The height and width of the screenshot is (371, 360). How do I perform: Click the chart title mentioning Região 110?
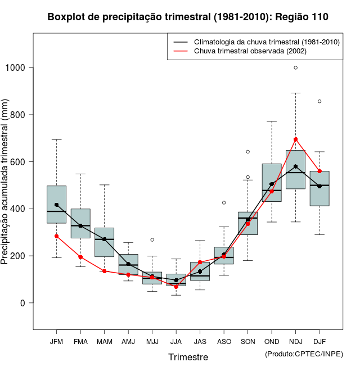tap(188, 17)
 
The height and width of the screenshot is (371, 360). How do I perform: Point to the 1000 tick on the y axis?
tap(19, 68)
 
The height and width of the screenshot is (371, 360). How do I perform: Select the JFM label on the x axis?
tap(56, 341)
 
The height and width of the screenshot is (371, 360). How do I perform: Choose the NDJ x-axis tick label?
tap(295, 341)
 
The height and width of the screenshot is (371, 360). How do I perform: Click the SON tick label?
tap(247, 341)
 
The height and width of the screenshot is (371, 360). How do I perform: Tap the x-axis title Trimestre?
tap(188, 357)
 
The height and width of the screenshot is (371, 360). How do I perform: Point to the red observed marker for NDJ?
tap(295, 139)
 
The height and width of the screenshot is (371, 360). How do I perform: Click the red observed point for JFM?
tap(56, 236)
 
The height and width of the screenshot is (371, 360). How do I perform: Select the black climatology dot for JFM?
tap(56, 205)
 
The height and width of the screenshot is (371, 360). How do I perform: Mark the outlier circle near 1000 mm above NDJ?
tap(295, 67)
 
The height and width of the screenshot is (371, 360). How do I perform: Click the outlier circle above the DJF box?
tap(319, 101)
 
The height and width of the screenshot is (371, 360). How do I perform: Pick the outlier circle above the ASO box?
tap(224, 202)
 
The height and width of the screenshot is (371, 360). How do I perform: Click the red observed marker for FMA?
tap(80, 257)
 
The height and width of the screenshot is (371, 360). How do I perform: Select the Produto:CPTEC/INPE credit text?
tap(304, 354)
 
